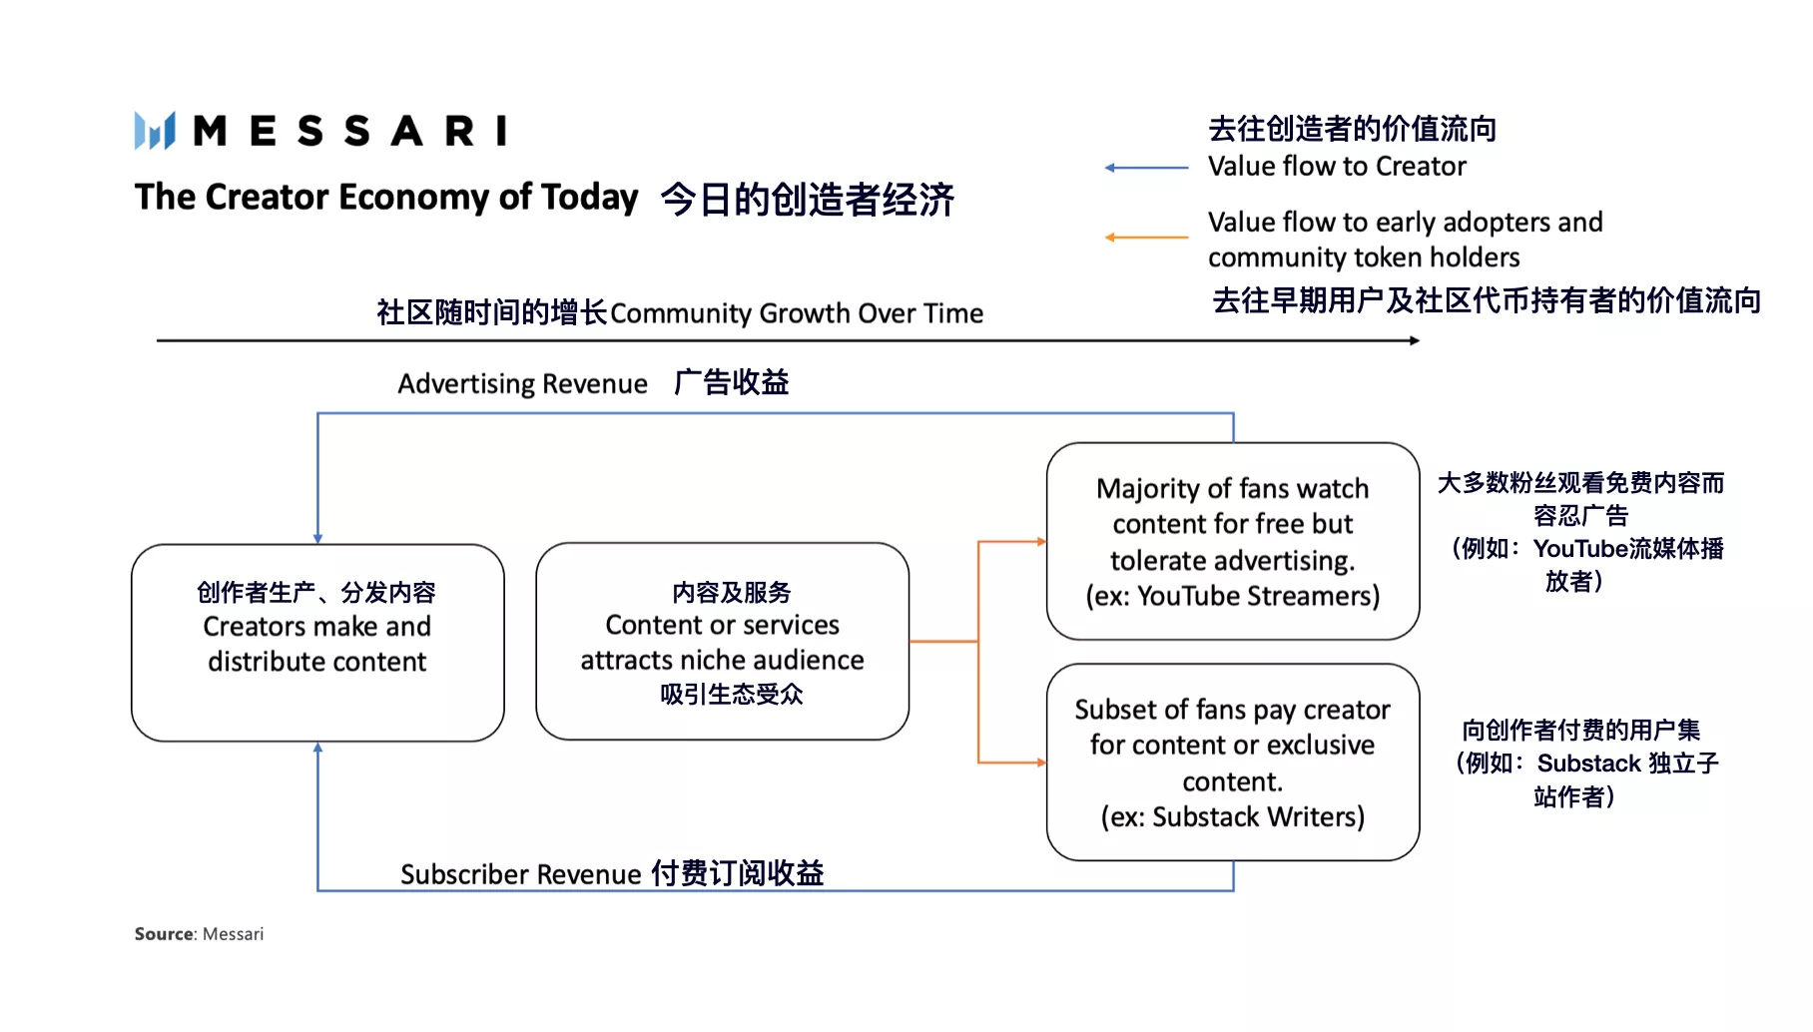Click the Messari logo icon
pos(155,131)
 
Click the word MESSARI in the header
pos(349,131)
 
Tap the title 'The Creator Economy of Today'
pos(386,197)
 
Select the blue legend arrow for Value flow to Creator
pos(1146,168)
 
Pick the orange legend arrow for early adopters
pos(1146,238)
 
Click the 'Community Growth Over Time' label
pos(796,313)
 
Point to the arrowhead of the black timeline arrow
pos(1415,340)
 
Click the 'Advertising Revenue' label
pos(522,384)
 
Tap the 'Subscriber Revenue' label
pos(520,874)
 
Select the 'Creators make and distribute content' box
pos(317,642)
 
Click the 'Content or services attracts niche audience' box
pos(722,642)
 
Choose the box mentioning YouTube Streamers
pos(1232,541)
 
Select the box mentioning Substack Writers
pos(1232,763)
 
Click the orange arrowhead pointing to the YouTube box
pos(1041,542)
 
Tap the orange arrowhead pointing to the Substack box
pos(1041,763)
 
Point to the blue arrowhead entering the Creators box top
pos(317,538)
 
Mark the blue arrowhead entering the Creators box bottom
pos(317,748)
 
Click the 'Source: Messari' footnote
pos(199,934)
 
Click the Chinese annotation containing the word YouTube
pos(1580,532)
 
